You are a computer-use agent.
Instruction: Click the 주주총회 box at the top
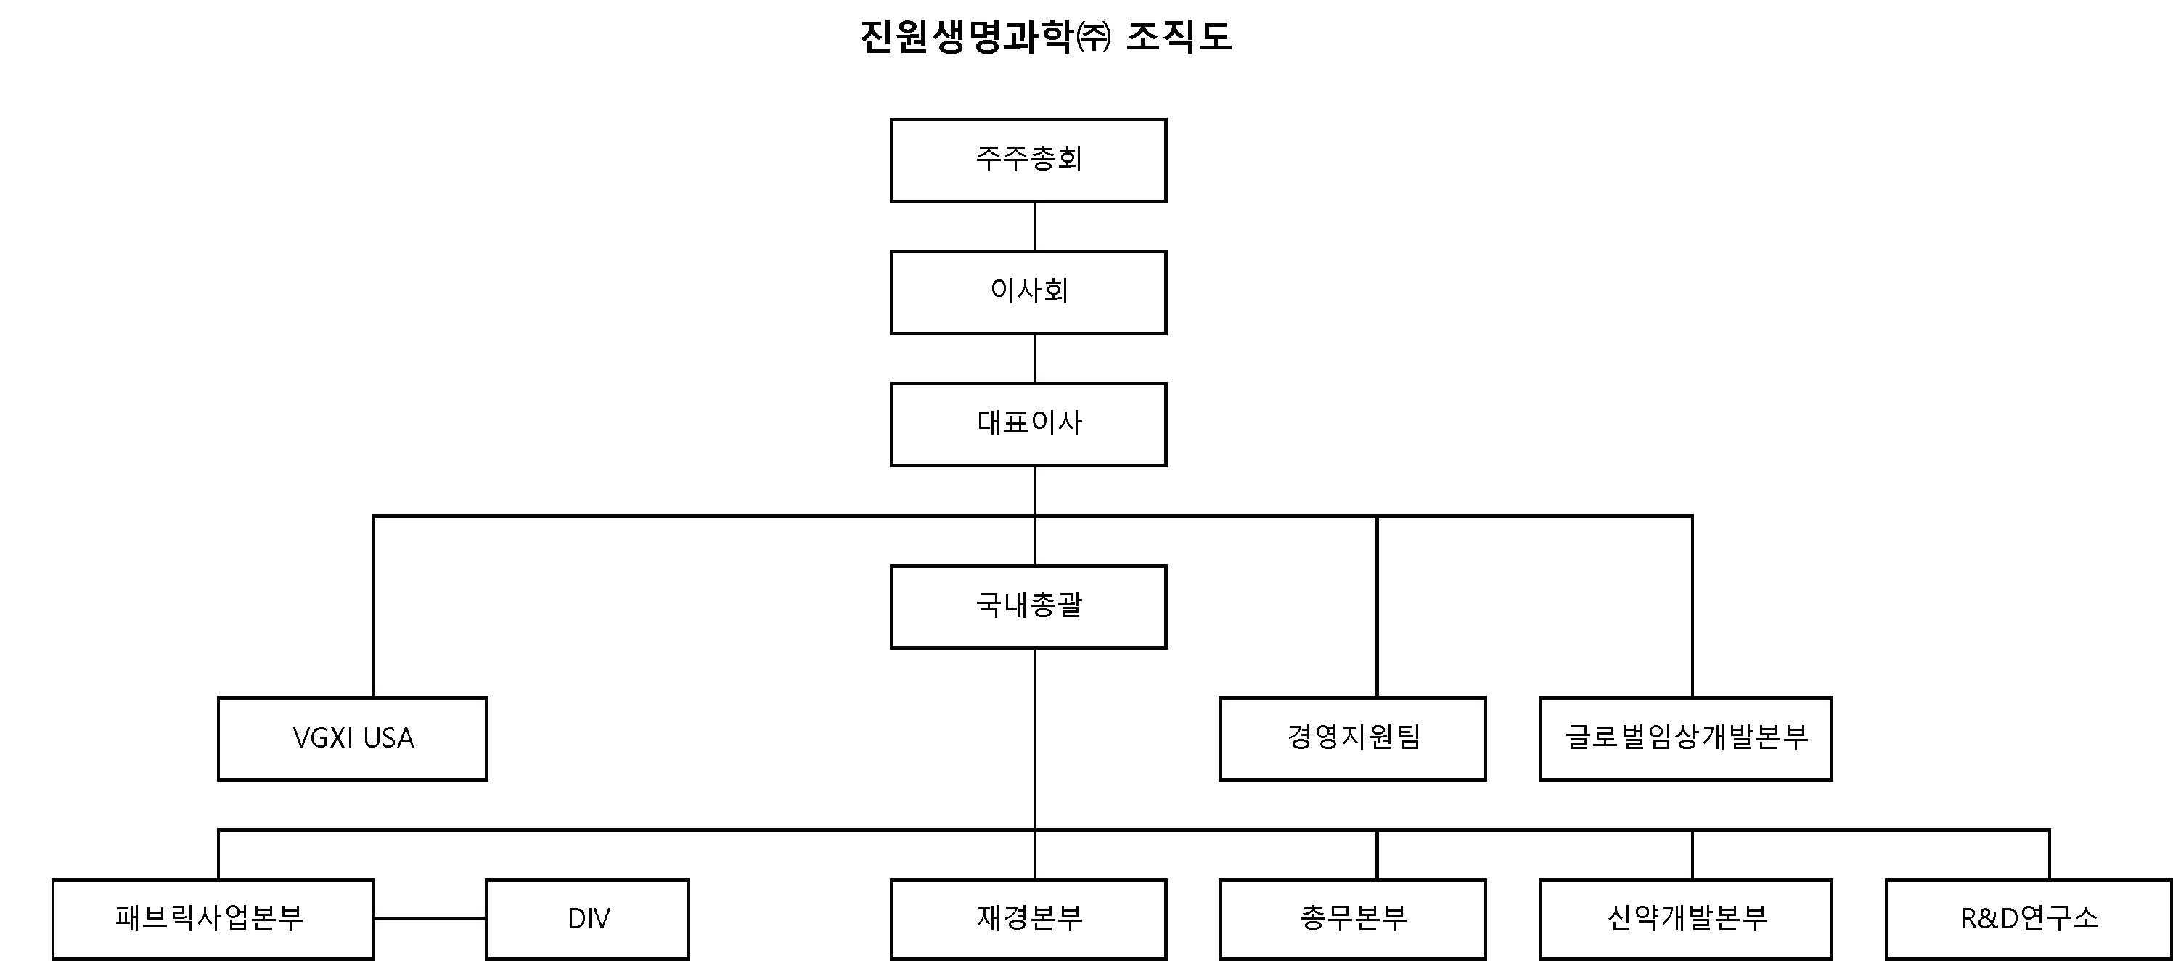(1028, 160)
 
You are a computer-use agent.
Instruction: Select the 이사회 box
(1028, 292)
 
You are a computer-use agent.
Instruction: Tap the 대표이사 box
(1028, 425)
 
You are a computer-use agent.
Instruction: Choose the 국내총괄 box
(1028, 607)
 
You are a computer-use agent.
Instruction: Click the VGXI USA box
(353, 738)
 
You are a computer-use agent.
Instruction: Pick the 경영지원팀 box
(1352, 738)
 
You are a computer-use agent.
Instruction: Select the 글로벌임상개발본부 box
(1685, 738)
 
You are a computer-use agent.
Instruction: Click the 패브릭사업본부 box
(213, 919)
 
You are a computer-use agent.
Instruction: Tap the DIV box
(588, 919)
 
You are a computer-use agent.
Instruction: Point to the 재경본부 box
(1028, 919)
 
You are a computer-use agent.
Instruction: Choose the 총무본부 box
(1352, 919)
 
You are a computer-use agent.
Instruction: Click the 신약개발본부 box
(1685, 919)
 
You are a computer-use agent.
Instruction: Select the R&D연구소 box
(2028, 919)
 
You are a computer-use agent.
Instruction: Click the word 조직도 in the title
(1179, 36)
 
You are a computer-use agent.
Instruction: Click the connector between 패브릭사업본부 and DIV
(430, 918)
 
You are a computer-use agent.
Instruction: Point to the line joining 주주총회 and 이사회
(1035, 226)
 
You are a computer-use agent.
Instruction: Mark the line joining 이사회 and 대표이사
(1035, 359)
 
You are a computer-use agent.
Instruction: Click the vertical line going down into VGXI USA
(373, 608)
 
